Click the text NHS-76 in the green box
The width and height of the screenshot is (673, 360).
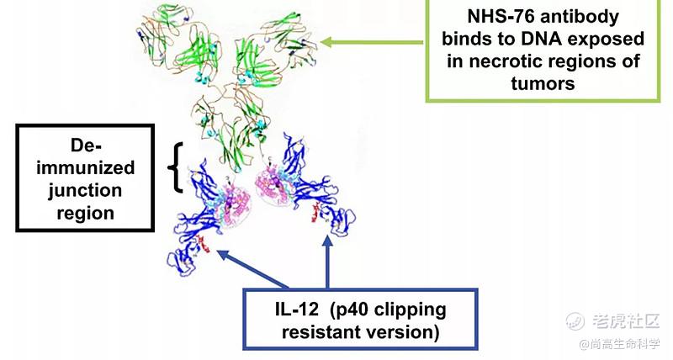click(493, 18)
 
